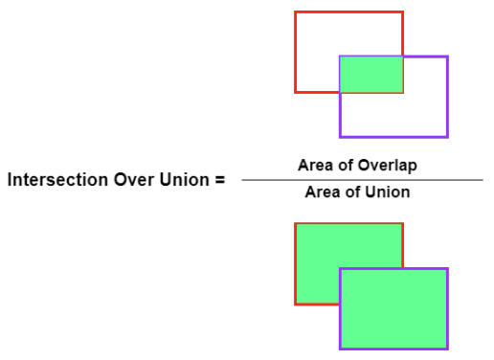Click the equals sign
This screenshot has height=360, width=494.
click(219, 179)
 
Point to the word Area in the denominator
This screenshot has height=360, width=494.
click(321, 191)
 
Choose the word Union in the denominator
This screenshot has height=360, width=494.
click(391, 191)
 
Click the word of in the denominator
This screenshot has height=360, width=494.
click(352, 191)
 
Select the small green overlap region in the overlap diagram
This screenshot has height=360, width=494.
click(371, 75)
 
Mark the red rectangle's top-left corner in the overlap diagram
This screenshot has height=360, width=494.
click(296, 12)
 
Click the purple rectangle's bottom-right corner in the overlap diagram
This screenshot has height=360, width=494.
click(446, 136)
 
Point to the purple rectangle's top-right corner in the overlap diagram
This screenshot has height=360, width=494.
click(446, 57)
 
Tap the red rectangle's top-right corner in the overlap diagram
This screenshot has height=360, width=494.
click(402, 12)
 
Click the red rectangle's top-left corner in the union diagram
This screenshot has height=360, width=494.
click(296, 224)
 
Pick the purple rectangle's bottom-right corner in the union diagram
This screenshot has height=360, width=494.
click(446, 348)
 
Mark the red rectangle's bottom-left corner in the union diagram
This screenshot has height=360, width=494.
click(296, 304)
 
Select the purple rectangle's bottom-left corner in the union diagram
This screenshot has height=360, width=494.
click(340, 348)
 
